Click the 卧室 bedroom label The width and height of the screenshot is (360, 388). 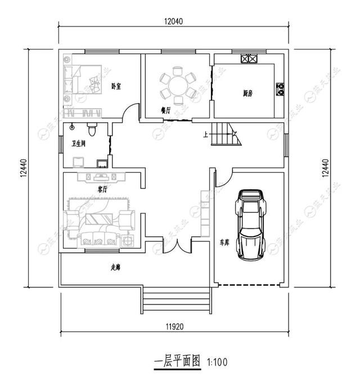coord(116,86)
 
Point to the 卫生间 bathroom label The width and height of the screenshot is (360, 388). coord(79,144)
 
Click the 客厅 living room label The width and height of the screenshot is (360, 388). coord(102,189)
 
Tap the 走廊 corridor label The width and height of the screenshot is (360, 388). coord(115,268)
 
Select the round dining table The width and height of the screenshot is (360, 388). coord(178,86)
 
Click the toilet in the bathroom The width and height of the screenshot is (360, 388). coord(93,129)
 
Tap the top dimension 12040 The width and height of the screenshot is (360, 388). coord(174,21)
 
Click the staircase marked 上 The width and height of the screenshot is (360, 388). coord(226,136)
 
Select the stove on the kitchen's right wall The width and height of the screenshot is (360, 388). coord(279,88)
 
